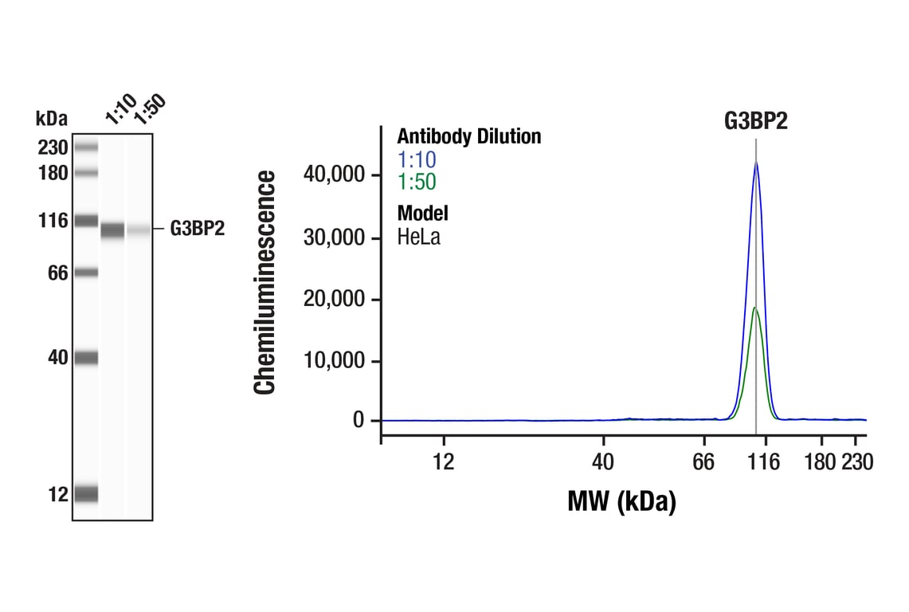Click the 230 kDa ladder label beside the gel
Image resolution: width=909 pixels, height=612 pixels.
tap(53, 147)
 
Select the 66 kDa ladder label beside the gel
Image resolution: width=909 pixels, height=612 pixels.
tap(57, 273)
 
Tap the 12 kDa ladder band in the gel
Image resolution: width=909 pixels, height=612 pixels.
tap(86, 494)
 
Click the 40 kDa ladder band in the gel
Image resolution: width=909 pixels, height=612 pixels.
tap(86, 358)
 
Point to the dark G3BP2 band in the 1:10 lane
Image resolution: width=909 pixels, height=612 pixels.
tap(112, 230)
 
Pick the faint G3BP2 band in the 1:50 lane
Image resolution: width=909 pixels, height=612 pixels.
tap(139, 230)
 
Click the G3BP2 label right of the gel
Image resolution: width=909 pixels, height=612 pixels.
tap(198, 229)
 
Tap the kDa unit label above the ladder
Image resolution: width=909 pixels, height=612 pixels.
tap(52, 119)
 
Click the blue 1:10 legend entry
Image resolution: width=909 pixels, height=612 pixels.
tap(417, 159)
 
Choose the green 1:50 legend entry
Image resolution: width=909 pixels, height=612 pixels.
tap(417, 182)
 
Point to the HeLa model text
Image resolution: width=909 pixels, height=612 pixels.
tap(418, 236)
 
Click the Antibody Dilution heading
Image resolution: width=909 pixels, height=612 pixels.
tap(468, 136)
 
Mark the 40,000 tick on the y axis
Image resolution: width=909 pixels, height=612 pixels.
tap(334, 175)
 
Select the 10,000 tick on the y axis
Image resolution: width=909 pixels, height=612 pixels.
tap(334, 361)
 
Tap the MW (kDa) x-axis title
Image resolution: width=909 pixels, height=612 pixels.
tap(621, 501)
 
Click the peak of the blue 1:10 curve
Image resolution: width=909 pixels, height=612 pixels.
tap(756, 163)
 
